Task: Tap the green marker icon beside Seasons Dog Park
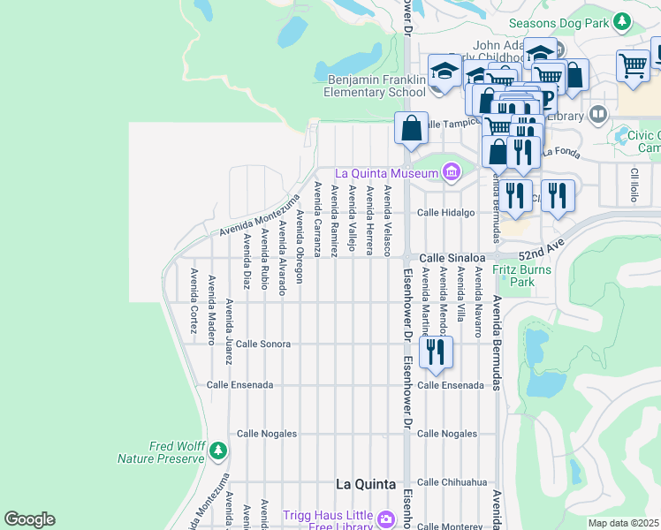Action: click(x=622, y=20)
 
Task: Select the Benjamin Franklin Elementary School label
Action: click(x=375, y=86)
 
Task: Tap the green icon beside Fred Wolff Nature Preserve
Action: click(x=217, y=453)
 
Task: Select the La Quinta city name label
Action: click(x=369, y=484)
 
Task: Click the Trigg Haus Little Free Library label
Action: click(x=327, y=521)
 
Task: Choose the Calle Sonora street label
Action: click(x=262, y=344)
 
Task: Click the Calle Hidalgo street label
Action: click(x=446, y=213)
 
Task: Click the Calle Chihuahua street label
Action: click(x=452, y=482)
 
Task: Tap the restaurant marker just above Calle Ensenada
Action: click(x=436, y=352)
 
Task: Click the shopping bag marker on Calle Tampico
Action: click(x=411, y=128)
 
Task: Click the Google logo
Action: click(x=29, y=519)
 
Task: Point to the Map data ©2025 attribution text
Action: click(x=623, y=523)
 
